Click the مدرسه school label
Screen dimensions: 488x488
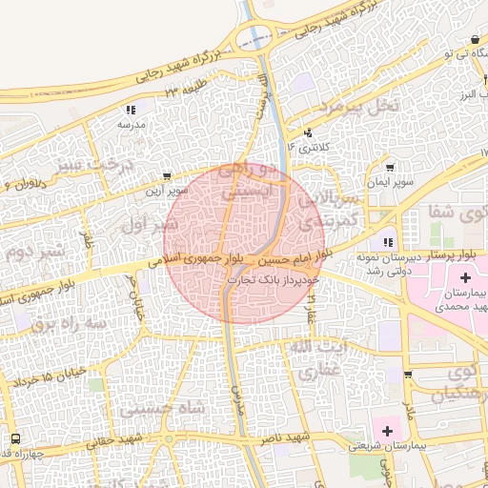tap(131, 125)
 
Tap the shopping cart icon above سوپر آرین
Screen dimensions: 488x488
tap(168, 176)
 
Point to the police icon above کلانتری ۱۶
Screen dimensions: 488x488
tap(308, 133)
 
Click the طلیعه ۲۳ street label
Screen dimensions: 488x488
tap(184, 90)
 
